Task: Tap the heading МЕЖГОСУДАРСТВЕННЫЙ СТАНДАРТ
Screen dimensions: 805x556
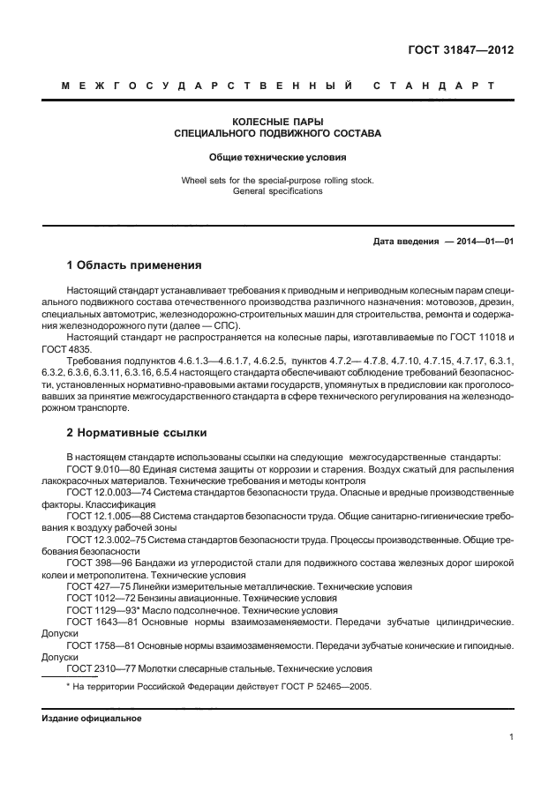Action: [278, 86]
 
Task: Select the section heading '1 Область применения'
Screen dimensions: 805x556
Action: [134, 265]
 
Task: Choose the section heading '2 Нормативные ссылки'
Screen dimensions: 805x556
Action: [134, 435]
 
